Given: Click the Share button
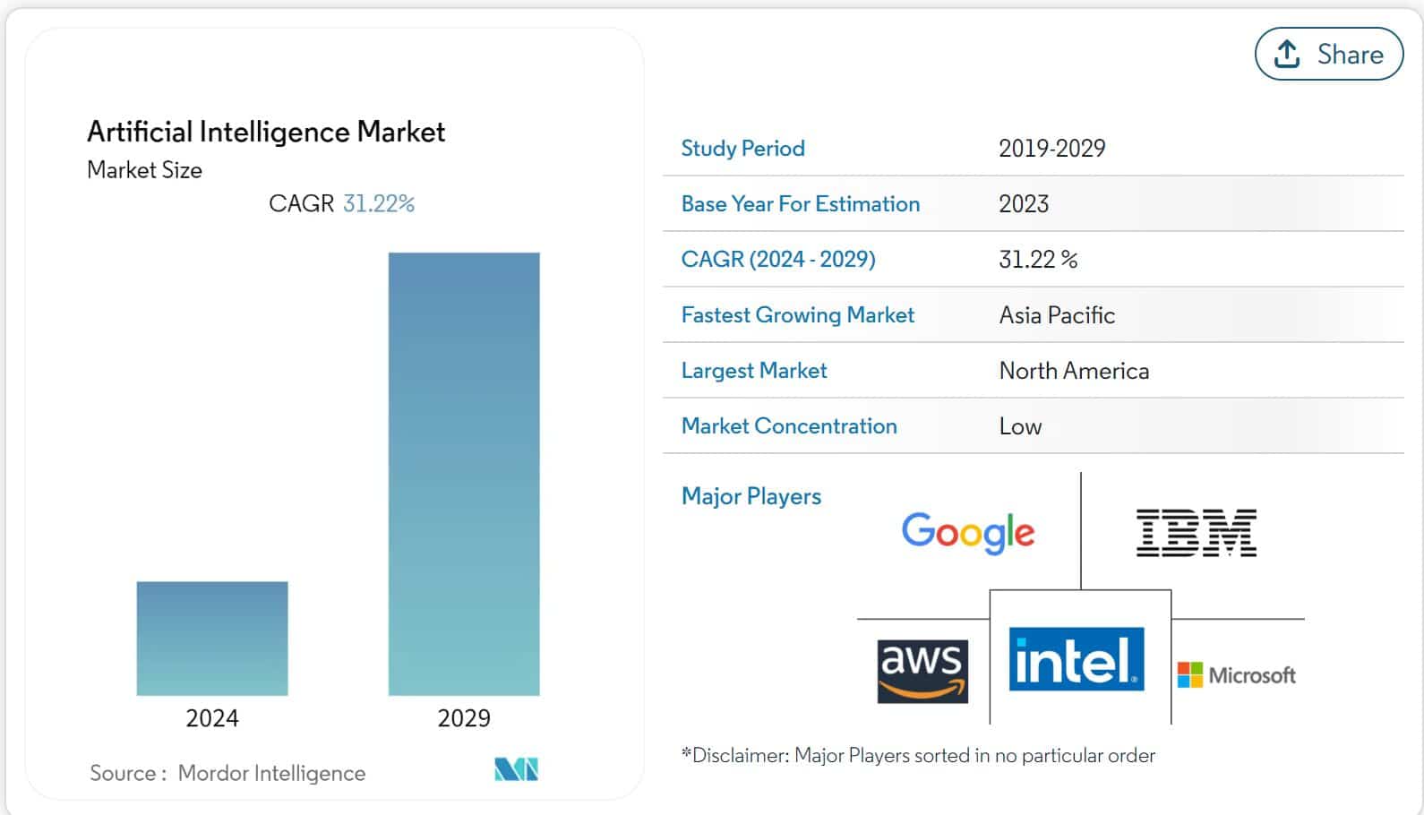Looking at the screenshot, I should point(1328,54).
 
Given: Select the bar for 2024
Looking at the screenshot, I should point(212,638).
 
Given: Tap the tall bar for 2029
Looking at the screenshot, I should point(464,474).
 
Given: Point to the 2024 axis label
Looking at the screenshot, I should point(212,718).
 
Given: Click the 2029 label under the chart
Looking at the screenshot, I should point(464,718).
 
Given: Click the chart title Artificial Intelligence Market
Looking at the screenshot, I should point(266,132).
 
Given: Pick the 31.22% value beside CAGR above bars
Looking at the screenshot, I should point(379,203).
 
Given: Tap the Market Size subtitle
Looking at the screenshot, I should point(144,170).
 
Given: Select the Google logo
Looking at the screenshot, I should point(967,532).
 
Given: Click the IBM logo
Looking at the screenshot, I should point(1197,532).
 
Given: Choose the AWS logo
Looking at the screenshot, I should point(922,671).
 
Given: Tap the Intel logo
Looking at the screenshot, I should point(1077,659).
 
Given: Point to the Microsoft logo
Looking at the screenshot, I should point(1237,674).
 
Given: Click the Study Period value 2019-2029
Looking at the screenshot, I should point(1052,148).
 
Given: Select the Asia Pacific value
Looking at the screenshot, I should point(1057,315).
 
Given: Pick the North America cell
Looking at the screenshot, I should point(1074,371).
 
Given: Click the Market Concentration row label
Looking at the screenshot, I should point(789,426).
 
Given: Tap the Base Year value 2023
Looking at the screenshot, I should point(1024,204).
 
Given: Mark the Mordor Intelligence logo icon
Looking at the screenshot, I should point(516,769).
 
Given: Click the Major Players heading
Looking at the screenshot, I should point(751,496).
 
